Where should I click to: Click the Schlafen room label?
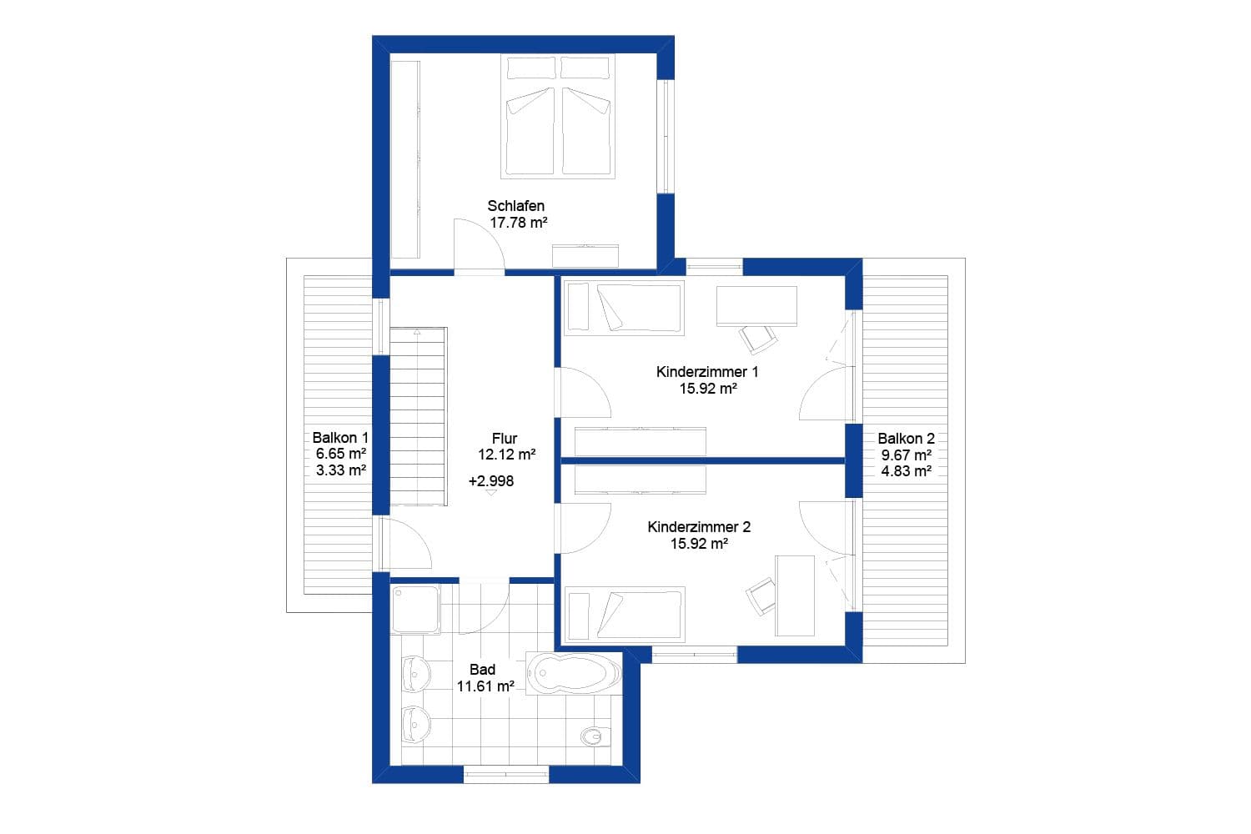coord(516,206)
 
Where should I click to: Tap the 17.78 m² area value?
coord(518,223)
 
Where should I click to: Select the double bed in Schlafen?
coord(558,117)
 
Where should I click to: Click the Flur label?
coord(505,438)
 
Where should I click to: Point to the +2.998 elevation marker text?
coord(491,481)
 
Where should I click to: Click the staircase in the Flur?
coord(418,417)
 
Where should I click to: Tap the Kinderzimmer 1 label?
coord(707,372)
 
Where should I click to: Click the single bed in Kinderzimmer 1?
coord(624,308)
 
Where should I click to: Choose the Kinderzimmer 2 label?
coord(699,527)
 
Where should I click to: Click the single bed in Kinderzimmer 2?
coord(624,614)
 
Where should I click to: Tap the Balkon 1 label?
coord(340,438)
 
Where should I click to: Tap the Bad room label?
coord(482,670)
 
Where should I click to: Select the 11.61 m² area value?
coord(485,686)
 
